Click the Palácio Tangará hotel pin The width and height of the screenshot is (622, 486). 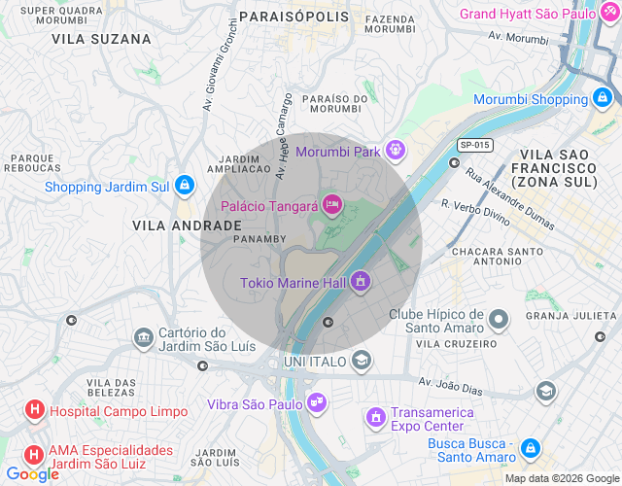(x=331, y=205)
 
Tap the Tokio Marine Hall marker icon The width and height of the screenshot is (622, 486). (x=361, y=282)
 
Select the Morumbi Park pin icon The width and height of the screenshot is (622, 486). (x=394, y=151)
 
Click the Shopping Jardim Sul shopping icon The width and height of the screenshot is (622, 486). (x=185, y=186)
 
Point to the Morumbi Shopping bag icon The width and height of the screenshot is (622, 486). (x=604, y=98)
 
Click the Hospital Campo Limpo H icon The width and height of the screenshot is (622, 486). (x=35, y=411)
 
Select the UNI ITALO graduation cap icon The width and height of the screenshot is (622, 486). (x=362, y=361)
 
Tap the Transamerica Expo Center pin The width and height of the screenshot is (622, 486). (x=374, y=418)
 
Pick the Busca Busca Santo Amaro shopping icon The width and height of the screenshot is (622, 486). (x=530, y=448)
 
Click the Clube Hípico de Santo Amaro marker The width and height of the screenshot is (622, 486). (x=499, y=319)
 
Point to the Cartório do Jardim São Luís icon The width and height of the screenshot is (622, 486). (x=143, y=337)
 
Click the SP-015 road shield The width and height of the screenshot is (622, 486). (x=475, y=145)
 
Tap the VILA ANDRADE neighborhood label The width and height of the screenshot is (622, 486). (x=187, y=225)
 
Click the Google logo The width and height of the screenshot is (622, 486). (x=32, y=474)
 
